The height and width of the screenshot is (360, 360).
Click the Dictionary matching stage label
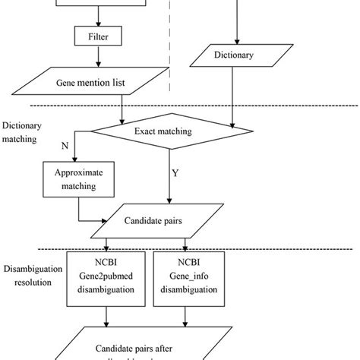(23, 133)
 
